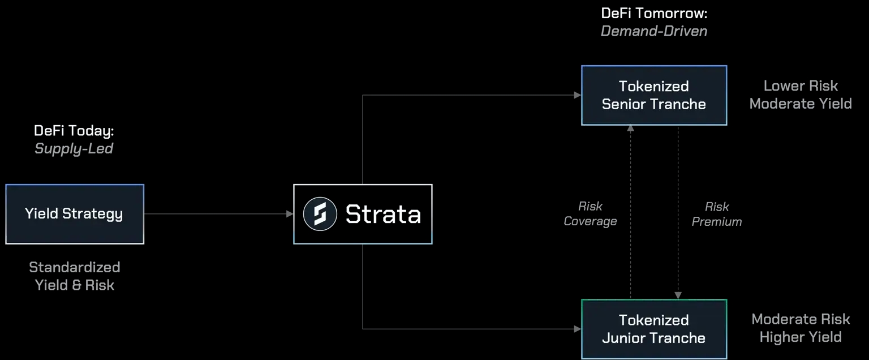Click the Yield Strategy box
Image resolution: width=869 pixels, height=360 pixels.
[x=74, y=214]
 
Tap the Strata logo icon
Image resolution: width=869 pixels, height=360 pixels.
[x=320, y=215]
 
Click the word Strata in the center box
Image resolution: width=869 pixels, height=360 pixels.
[x=383, y=215]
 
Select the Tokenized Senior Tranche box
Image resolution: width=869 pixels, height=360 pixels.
[x=653, y=95]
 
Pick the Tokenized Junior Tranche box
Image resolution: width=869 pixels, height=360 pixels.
[x=653, y=329]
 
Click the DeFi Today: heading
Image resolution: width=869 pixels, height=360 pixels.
[x=74, y=131]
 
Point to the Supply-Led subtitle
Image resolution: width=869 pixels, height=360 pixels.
[x=74, y=149]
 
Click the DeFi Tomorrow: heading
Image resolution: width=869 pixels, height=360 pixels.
[x=654, y=13]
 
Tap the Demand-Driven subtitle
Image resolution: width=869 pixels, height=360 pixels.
[x=654, y=31]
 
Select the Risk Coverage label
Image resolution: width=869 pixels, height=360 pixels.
[x=590, y=214]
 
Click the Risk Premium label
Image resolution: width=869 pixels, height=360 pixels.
[x=717, y=214]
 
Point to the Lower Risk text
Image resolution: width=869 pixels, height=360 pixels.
[x=801, y=86]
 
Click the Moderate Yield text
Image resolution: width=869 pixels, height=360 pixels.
[x=801, y=104]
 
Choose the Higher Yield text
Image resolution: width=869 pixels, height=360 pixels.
[x=801, y=337]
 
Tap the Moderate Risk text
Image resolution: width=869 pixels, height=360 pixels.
[x=801, y=319]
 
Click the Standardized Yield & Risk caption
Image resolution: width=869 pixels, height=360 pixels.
[x=74, y=276]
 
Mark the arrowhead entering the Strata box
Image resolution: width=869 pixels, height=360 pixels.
[x=290, y=214]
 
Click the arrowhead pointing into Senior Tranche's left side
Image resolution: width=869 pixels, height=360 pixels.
[x=578, y=95]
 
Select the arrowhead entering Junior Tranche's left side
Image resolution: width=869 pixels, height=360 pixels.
[x=578, y=329]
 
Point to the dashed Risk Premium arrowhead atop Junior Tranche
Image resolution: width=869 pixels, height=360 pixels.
[x=678, y=295]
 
